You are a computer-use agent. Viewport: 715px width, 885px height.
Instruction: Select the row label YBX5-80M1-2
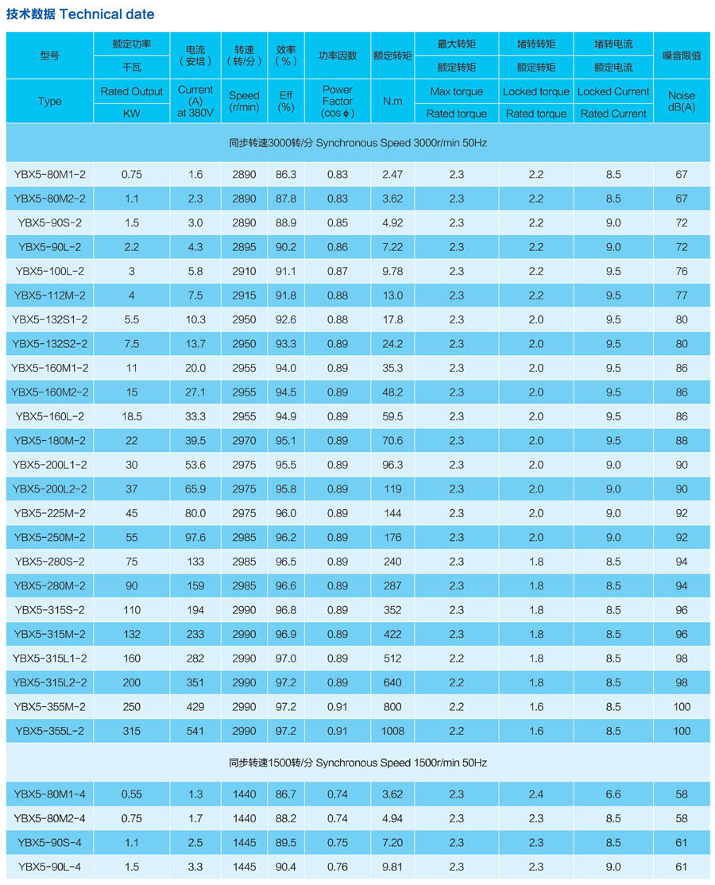(49, 174)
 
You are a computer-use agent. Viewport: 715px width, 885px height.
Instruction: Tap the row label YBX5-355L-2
(49, 730)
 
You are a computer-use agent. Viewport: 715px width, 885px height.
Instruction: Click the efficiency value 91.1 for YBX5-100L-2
(286, 271)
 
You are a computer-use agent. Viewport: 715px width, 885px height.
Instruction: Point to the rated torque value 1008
(392, 730)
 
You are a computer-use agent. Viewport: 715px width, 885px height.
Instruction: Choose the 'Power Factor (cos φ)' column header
(338, 101)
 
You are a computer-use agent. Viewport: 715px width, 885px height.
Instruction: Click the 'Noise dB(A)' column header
(682, 101)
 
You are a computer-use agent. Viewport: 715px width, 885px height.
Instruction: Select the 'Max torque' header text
(456, 91)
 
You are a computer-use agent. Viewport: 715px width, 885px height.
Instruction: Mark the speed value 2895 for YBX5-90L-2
(244, 247)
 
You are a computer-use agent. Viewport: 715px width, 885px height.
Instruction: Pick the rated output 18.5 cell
(132, 416)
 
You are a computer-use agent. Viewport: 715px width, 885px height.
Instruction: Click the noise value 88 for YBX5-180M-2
(682, 440)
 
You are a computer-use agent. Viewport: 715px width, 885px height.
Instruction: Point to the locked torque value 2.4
(536, 794)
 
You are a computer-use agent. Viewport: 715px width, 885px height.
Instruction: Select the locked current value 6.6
(613, 794)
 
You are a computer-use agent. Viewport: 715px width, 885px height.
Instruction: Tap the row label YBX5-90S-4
(49, 842)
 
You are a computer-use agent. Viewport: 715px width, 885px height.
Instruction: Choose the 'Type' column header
(49, 101)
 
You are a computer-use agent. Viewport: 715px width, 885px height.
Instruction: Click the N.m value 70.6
(392, 440)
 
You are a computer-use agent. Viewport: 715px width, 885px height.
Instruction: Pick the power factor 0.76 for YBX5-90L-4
(338, 866)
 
